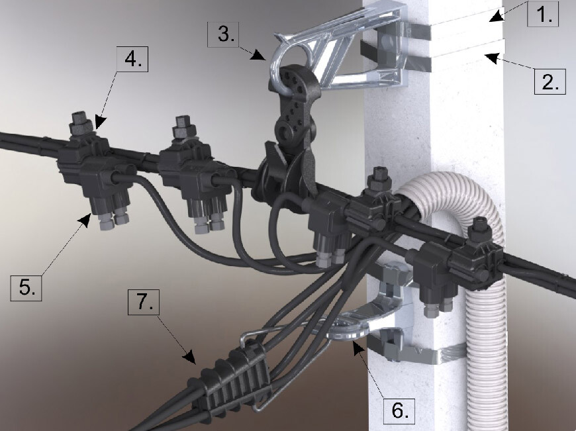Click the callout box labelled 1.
(543, 13)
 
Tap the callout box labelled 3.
(223, 34)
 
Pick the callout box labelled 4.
(132, 59)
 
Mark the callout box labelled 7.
(144, 302)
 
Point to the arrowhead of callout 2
(491, 58)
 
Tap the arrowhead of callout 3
(260, 55)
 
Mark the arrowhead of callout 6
(358, 346)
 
